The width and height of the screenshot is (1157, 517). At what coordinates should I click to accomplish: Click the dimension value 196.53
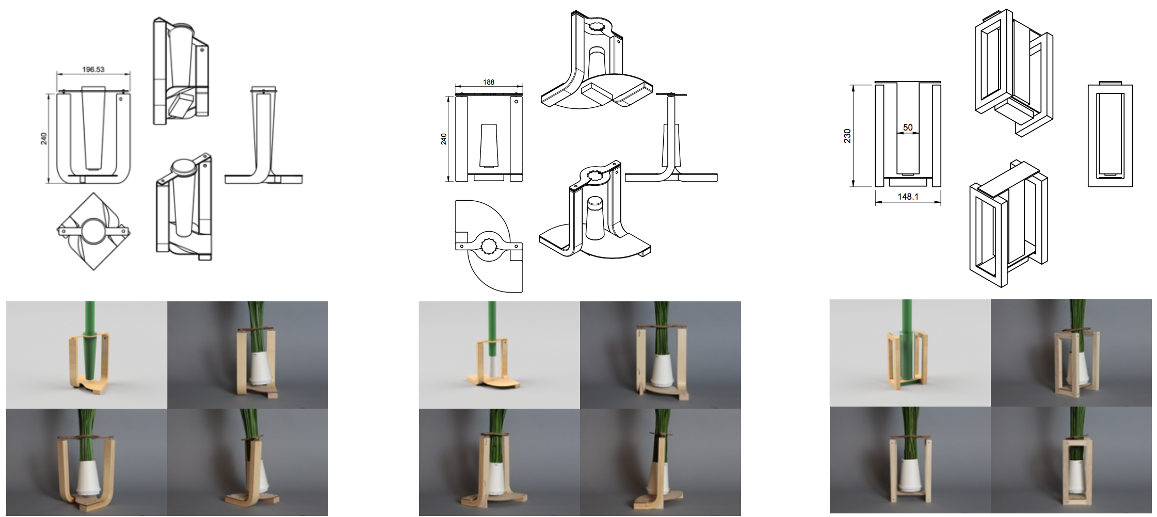(x=93, y=69)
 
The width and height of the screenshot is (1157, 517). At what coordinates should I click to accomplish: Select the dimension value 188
(x=488, y=82)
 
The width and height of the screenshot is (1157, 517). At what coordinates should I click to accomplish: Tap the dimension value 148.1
(x=908, y=197)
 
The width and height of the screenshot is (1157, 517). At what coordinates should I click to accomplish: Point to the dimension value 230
(x=847, y=136)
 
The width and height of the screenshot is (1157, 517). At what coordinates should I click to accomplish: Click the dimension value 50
(x=908, y=127)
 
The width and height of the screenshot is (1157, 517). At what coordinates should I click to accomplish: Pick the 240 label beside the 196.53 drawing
(x=44, y=138)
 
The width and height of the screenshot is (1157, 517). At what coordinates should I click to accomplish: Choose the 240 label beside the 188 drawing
(x=443, y=139)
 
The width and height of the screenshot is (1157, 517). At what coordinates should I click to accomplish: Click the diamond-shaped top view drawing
(x=93, y=231)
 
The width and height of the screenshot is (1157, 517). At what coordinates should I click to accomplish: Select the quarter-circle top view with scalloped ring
(x=489, y=246)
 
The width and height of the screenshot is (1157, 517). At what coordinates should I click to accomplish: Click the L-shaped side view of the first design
(x=263, y=136)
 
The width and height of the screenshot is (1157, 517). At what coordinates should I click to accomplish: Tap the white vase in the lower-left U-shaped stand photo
(x=88, y=478)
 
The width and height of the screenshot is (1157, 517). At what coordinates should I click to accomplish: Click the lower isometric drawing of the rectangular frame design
(x=1008, y=223)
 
